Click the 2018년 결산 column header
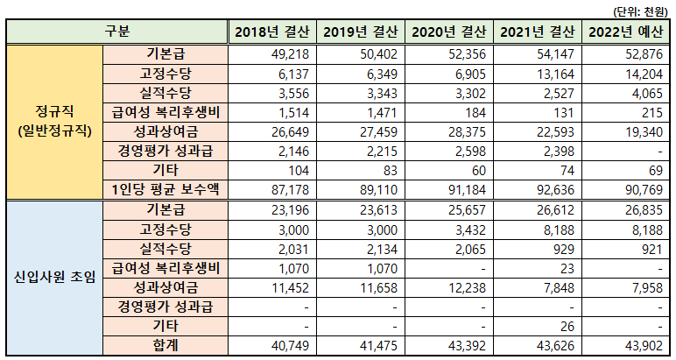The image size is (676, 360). [271, 32]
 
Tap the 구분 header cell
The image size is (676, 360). [117, 32]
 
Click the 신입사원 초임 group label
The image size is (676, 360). [54, 277]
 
